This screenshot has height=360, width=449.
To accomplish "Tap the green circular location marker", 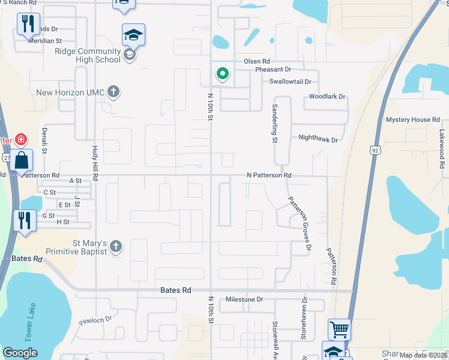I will pos(223,74).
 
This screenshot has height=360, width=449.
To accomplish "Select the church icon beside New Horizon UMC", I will pos(114,92).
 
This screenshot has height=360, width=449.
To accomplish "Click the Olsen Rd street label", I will pos(257,61).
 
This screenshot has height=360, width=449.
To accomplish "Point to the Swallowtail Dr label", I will pos(291,82).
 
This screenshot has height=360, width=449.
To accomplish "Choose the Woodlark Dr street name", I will pos(327,97).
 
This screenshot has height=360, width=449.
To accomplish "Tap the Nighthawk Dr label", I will pos(318,139).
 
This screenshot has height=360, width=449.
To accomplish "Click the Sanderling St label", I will pos(274,122).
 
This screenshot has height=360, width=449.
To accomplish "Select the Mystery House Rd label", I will pos(413,120).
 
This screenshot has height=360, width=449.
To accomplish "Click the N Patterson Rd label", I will pos(269,175).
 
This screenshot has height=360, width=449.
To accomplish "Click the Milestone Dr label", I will pos(244,299).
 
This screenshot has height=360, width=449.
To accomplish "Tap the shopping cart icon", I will pos(339,329).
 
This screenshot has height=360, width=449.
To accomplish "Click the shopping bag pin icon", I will pos(21,161).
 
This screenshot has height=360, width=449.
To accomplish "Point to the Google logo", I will pos(20,353).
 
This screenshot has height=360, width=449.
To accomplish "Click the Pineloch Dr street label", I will pos(96,320).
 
